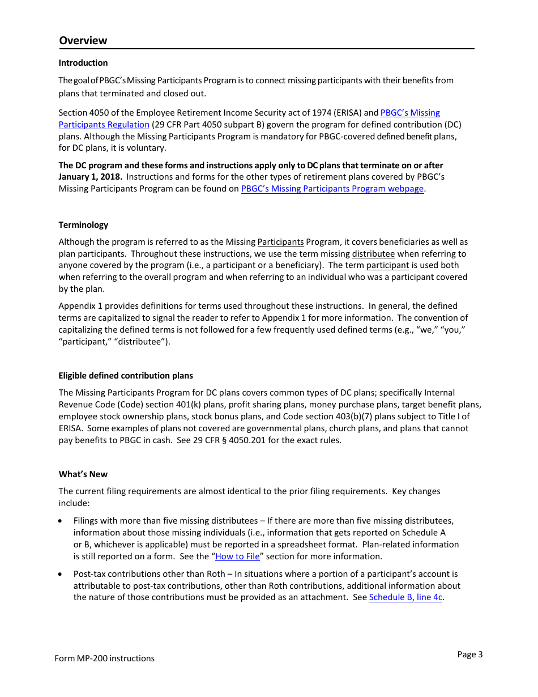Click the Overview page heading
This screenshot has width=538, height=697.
pyautogui.click(x=83, y=40)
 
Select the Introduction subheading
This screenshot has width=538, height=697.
pyautogui.click(x=83, y=63)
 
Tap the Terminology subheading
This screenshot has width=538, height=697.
pyautogui.click(x=83, y=225)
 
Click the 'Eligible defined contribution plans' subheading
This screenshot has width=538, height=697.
pyautogui.click(x=126, y=376)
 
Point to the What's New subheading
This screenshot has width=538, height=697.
pyautogui.click(x=83, y=474)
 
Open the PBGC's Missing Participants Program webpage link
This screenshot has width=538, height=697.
pyautogui.click(x=332, y=189)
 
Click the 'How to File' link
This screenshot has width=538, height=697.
pyautogui.click(x=237, y=556)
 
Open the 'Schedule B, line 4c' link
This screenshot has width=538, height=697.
pyautogui.click(x=405, y=597)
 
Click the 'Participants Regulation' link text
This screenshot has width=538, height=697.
pyautogui.click(x=104, y=125)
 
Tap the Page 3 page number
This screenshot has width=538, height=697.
pyautogui.click(x=470, y=654)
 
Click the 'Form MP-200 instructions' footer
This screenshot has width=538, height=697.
pyautogui.click(x=104, y=658)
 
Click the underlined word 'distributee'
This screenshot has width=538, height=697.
pyautogui.click(x=373, y=254)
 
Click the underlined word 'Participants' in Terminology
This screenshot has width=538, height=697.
pyautogui.click(x=280, y=242)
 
